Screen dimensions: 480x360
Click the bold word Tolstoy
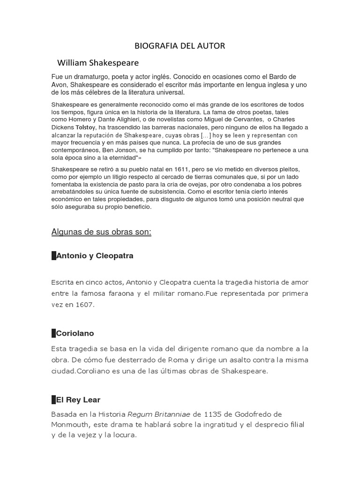pyautogui.click(x=88, y=127)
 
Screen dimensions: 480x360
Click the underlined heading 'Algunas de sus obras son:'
pyautogui.click(x=101, y=232)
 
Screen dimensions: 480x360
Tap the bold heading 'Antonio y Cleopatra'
pyautogui.click(x=95, y=256)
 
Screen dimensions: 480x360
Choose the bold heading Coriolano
pyautogui.click(x=75, y=333)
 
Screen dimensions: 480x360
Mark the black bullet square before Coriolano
pyautogui.click(x=53, y=333)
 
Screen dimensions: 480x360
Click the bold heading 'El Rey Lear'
pyautogui.click(x=78, y=400)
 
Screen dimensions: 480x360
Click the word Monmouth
pyautogui.click(x=71, y=424)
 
